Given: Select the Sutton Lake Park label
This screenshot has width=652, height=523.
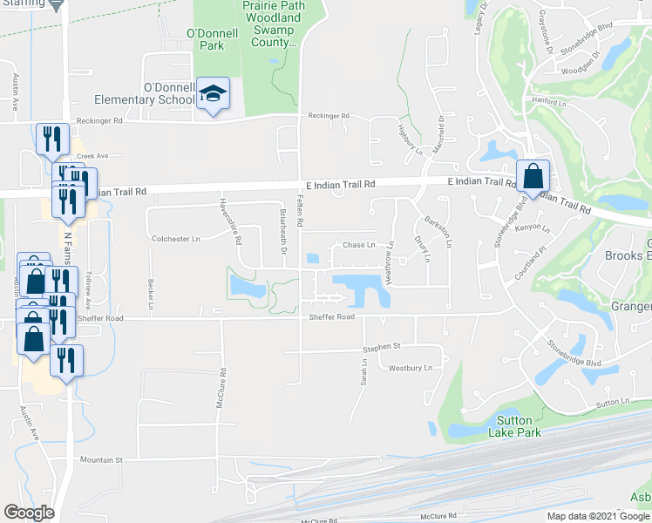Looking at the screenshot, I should tap(508, 426).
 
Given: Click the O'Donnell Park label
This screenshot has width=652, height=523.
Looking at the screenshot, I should tap(207, 39).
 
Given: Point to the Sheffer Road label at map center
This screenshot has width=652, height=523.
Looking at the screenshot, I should tap(332, 317).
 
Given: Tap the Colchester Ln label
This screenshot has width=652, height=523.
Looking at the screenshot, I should tap(176, 238).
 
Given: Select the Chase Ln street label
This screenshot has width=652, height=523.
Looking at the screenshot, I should tap(358, 245).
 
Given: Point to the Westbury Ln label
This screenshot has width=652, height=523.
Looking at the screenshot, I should tap(411, 368).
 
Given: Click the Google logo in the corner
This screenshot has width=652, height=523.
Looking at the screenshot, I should tap(29, 513).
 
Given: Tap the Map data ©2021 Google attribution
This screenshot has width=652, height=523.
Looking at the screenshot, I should tap(598, 516).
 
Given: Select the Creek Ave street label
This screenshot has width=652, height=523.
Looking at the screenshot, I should tap(91, 156).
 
